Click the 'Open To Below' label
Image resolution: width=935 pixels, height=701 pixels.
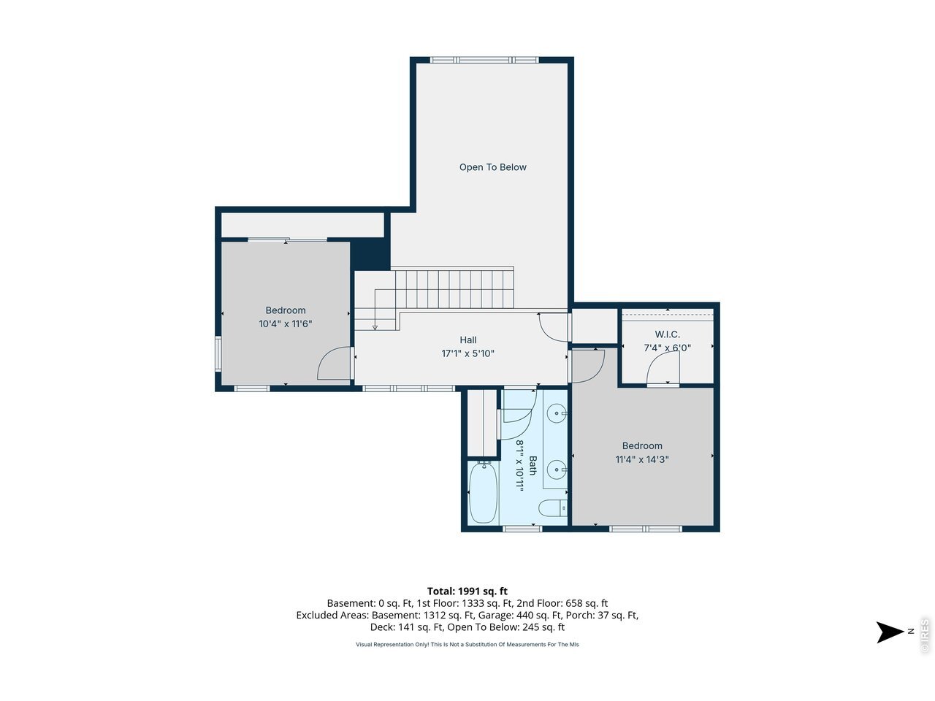pyautogui.click(x=492, y=167)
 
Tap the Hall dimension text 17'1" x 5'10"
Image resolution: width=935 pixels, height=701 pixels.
pyautogui.click(x=467, y=353)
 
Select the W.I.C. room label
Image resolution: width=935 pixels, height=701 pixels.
pyautogui.click(x=667, y=334)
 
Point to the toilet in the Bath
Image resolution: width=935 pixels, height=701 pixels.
pyautogui.click(x=553, y=508)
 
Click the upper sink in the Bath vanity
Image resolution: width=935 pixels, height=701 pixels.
pyautogui.click(x=557, y=413)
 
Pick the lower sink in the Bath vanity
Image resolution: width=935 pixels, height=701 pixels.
pyautogui.click(x=557, y=470)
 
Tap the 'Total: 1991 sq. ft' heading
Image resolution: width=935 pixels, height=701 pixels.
pyautogui.click(x=467, y=591)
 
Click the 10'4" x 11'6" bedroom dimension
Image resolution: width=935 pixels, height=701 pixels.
pyautogui.click(x=286, y=324)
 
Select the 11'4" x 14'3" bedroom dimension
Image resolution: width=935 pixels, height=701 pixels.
pyautogui.click(x=642, y=459)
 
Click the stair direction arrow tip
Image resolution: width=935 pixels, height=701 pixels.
pyautogui.click(x=375, y=329)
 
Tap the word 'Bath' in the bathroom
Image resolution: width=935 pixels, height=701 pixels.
pyautogui.click(x=533, y=465)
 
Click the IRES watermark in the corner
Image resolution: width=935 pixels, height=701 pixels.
pyautogui.click(x=924, y=635)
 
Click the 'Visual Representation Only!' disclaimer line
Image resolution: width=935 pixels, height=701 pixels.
pyautogui.click(x=467, y=644)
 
